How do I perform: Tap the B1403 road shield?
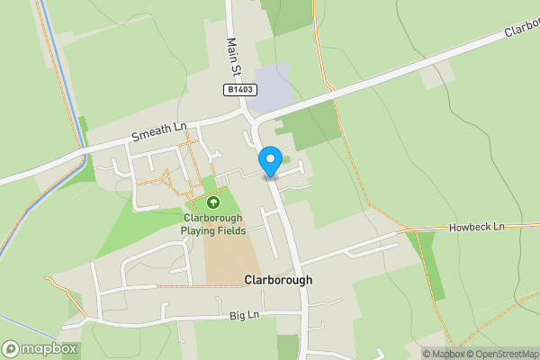pyautogui.click(x=240, y=90)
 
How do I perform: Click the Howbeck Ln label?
pyautogui.click(x=477, y=229)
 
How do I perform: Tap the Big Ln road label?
pyautogui.click(x=244, y=315)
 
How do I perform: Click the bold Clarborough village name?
pyautogui.click(x=279, y=280)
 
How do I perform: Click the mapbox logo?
pyautogui.click(x=40, y=348)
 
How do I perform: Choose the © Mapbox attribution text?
pyautogui.click(x=443, y=354)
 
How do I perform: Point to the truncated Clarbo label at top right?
pyautogui.click(x=521, y=30)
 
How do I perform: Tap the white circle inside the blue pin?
pyautogui.click(x=269, y=158)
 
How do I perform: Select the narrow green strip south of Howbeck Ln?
pyautogui.click(x=427, y=265)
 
